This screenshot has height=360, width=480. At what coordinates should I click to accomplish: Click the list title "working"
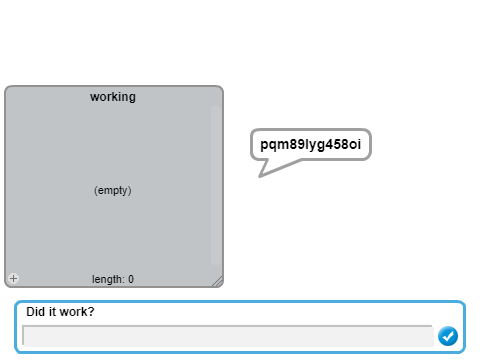coord(113,97)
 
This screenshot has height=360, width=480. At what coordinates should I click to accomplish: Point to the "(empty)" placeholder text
coord(113,190)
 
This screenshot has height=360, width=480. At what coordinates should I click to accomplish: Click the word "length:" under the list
coord(108,279)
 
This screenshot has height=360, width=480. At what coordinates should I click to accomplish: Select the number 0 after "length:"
coord(131,279)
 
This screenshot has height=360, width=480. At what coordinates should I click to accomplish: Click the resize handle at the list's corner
coord(217,282)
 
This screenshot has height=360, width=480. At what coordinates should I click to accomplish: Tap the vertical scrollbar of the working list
coord(216,185)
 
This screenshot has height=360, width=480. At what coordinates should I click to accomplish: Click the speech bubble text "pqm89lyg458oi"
coord(310,144)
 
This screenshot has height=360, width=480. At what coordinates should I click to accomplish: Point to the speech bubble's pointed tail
coord(260,176)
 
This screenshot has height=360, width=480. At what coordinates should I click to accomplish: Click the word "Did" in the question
coord(35,312)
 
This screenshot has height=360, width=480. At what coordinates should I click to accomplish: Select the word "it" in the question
coord(52,312)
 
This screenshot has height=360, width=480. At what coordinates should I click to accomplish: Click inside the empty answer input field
coord(228,336)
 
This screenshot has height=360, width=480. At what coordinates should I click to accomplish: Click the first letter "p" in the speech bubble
coord(264,145)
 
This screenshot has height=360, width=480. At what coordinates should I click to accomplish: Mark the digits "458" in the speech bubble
coord(335,144)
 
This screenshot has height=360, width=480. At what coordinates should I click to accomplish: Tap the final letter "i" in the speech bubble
coord(359,144)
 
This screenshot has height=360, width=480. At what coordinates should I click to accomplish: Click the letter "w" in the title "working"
coord(94,97)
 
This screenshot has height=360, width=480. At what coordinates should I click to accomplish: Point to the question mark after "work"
coord(91,311)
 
